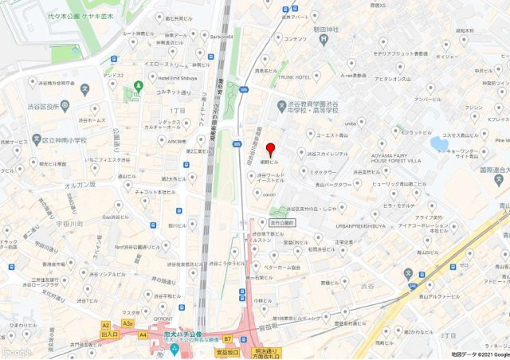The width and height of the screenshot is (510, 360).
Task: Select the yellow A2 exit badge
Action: coord(106,325)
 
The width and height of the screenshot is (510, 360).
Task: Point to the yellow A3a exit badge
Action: coord(127,325)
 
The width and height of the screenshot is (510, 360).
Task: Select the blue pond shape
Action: coord(439,143)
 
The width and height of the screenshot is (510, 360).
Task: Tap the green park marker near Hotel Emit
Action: coord(139,85)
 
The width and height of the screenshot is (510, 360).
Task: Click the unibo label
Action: coord(350,123)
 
